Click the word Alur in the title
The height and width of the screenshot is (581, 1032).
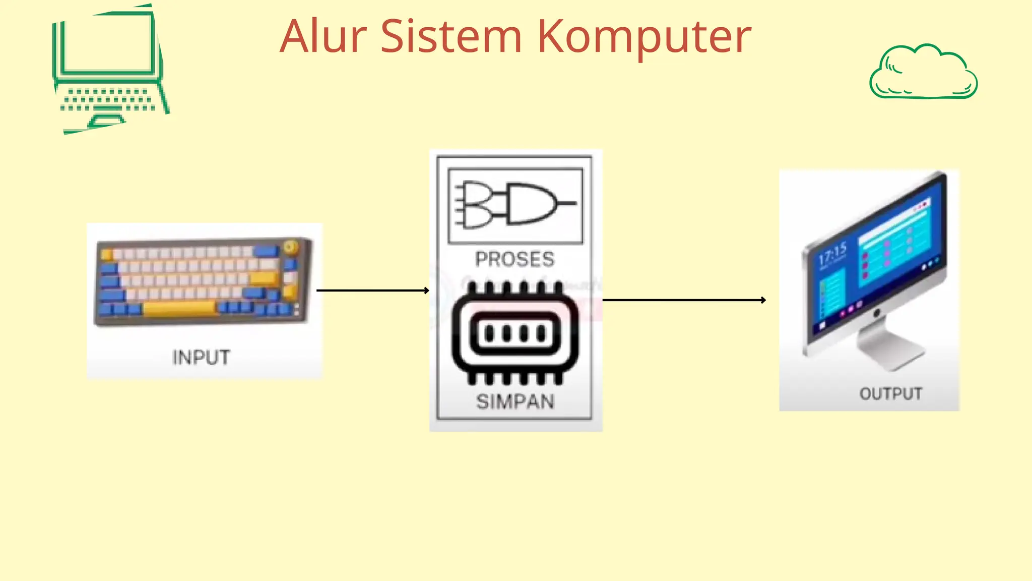(323, 36)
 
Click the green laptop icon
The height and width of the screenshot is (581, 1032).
(109, 71)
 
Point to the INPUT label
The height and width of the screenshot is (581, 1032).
(201, 358)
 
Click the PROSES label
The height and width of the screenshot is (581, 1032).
(515, 259)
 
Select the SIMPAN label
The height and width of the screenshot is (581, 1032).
(515, 402)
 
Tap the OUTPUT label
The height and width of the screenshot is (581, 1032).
(890, 393)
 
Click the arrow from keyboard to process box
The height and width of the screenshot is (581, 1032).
(372, 290)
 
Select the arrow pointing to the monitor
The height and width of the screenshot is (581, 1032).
(684, 300)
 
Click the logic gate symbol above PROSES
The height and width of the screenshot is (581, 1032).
(515, 204)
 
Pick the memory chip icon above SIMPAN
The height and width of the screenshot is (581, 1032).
(515, 333)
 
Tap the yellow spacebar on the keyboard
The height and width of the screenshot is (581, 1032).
(180, 308)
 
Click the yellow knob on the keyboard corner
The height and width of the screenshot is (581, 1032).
(290, 247)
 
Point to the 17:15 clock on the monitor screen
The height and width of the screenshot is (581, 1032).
(832, 254)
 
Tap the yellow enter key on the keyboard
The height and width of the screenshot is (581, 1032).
(264, 278)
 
